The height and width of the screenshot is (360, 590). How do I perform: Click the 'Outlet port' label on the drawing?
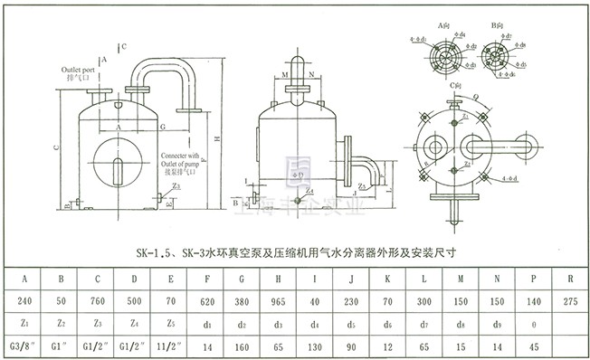[x=80, y=69]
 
